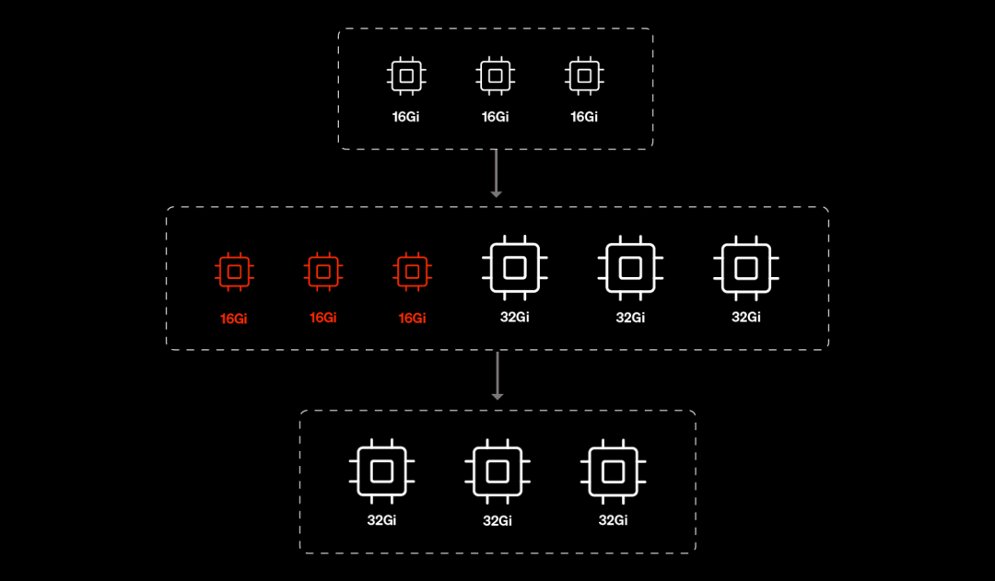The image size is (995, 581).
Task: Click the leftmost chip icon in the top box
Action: [x=405, y=76]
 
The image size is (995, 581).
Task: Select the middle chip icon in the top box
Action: [x=495, y=76]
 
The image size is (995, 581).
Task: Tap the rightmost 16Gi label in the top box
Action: [x=584, y=117]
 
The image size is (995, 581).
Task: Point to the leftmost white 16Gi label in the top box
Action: [x=405, y=117]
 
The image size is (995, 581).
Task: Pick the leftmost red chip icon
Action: [x=234, y=272]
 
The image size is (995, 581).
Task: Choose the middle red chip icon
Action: [x=322, y=272]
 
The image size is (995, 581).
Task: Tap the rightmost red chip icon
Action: [x=412, y=272]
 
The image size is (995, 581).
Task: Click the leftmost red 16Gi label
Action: [x=234, y=319]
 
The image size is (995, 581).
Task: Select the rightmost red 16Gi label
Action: [x=412, y=318]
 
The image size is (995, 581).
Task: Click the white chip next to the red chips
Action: [x=515, y=267]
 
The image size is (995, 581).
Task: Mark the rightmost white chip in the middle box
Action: [x=745, y=267]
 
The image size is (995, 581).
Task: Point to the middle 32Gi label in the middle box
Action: [x=630, y=317]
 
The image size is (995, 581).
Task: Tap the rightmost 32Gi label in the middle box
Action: [x=745, y=317]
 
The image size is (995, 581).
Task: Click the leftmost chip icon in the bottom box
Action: [x=381, y=471]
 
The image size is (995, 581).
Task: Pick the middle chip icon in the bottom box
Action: [x=497, y=471]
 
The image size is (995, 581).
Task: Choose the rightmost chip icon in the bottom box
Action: [x=613, y=471]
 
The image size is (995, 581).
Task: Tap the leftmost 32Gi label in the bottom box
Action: [x=381, y=520]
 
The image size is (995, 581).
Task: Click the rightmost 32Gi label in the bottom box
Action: [x=613, y=520]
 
